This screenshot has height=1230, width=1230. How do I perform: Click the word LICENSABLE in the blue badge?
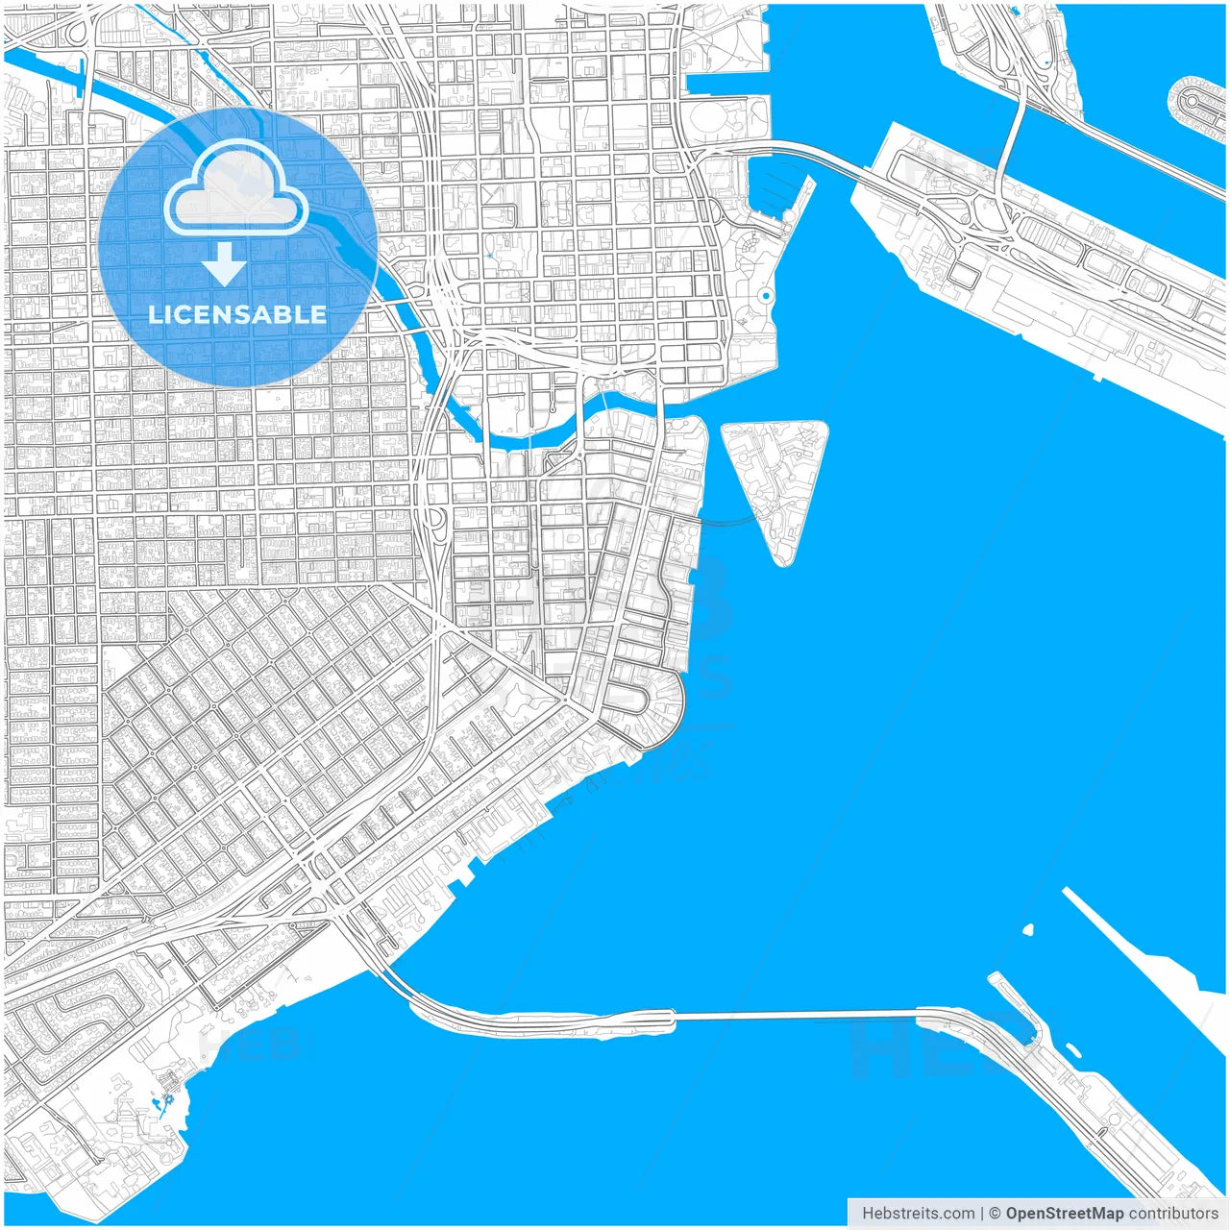pos(237,314)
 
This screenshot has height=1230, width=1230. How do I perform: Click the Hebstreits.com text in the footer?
pos(918,1213)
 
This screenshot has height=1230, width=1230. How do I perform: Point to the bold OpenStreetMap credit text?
pos(1064,1213)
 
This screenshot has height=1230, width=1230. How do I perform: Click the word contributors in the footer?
pos(1173,1213)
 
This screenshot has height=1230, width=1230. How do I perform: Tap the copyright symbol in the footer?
pos(995,1213)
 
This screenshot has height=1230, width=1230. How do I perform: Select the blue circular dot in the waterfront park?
pos(765,296)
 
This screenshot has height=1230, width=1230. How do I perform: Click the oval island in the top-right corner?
pos(1197,105)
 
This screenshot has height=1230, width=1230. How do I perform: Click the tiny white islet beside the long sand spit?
pos(1028,930)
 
